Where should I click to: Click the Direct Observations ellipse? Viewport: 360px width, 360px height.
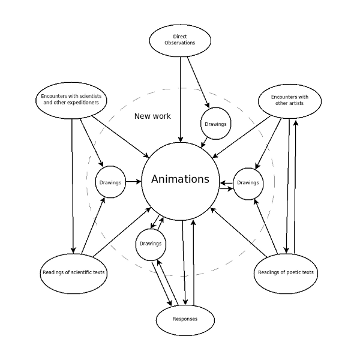pyautogui.click(x=180, y=41)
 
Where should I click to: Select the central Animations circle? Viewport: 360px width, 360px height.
pyautogui.click(x=181, y=181)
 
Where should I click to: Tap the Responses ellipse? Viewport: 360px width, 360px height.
pyautogui.click(x=185, y=320)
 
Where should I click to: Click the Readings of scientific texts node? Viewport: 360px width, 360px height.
pyautogui.click(x=73, y=274)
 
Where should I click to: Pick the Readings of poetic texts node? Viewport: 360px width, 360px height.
pyautogui.click(x=286, y=274)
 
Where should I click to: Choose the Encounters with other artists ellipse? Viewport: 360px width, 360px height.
pyautogui.click(x=290, y=101)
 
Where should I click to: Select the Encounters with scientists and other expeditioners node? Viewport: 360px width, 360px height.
pyautogui.click(x=71, y=100)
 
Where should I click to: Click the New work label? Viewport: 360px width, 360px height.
pyautogui.click(x=152, y=116)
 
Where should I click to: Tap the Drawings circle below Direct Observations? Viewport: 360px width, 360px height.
pyautogui.click(x=216, y=124)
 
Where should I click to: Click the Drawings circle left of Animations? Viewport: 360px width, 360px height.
pyautogui.click(x=110, y=182)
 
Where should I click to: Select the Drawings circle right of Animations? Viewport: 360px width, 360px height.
pyautogui.click(x=248, y=184)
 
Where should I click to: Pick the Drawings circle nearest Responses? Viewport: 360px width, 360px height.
pyautogui.click(x=151, y=245)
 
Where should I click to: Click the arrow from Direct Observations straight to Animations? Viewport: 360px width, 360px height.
pyautogui.click(x=181, y=100)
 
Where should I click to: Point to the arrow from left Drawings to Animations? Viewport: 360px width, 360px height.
pyautogui.click(x=134, y=182)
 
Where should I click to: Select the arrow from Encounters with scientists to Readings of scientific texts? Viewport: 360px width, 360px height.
pyautogui.click(x=73, y=186)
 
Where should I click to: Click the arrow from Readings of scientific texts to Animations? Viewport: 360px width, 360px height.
pyautogui.click(x=122, y=232)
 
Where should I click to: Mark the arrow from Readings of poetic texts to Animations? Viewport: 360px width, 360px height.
pyautogui.click(x=239, y=232)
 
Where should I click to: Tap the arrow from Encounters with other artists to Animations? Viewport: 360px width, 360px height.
pyautogui.click(x=242, y=137)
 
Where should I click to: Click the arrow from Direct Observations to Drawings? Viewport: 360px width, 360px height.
pyautogui.click(x=199, y=82)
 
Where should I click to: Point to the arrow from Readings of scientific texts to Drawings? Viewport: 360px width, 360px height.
pyautogui.click(x=93, y=226)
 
